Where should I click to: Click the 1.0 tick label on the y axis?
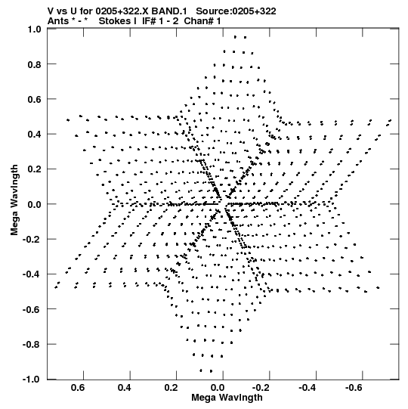click(35, 29)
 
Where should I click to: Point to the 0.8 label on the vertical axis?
click(35, 64)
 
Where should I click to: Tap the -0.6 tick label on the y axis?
click(32, 310)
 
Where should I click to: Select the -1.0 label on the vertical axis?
click(32, 380)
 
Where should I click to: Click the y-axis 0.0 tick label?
click(35, 204)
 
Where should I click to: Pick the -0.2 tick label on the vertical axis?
click(32, 240)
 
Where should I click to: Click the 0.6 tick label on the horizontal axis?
click(78, 388)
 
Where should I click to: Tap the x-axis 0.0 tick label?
click(217, 388)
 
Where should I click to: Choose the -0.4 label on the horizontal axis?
click(308, 388)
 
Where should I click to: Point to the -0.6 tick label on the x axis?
click(354, 388)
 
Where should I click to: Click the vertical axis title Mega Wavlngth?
click(14, 200)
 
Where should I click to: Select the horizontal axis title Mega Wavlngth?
click(227, 398)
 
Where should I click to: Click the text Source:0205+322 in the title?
click(236, 11)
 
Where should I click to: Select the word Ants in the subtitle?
click(58, 21)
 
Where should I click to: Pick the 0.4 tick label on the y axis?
click(35, 135)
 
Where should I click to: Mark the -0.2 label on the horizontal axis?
click(261, 388)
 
